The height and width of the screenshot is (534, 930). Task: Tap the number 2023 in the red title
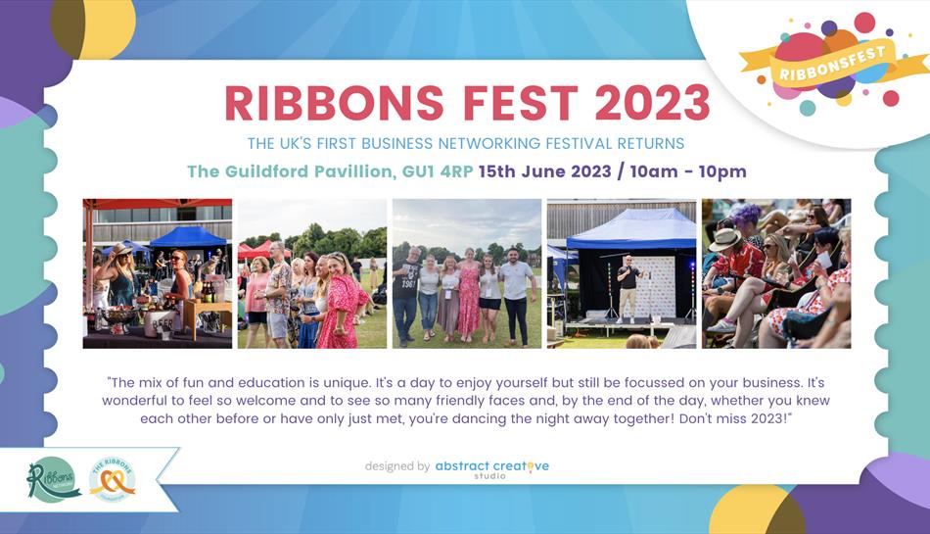pos(652,103)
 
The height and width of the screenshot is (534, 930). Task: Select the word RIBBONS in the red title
pos(335,103)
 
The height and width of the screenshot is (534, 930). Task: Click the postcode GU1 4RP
pos(438,171)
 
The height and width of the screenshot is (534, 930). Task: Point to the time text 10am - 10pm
pos(688,171)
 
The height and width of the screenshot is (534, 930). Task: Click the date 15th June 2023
pos(544,171)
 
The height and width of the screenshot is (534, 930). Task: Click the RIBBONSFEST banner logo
pos(833,64)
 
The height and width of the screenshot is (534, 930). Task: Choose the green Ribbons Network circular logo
pos(54,479)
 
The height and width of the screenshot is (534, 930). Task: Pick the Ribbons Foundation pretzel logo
pos(113,479)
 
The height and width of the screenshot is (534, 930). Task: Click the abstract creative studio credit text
pos(491,468)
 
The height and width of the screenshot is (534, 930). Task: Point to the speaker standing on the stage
pos(628,288)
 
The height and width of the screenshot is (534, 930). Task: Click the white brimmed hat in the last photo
pos(724,239)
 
